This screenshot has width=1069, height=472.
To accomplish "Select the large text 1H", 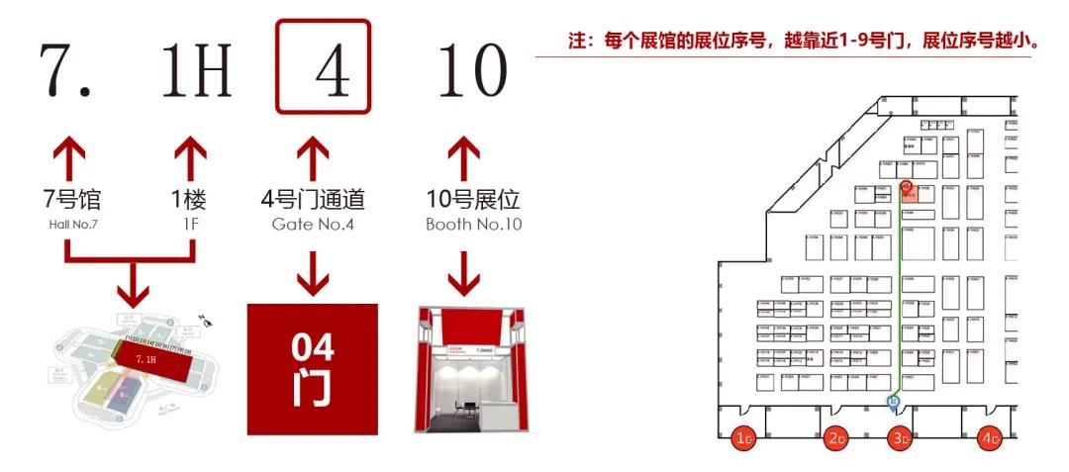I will click(196, 71).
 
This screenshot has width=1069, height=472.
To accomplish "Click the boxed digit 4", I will click(323, 67).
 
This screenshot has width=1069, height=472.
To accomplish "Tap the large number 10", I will click(473, 71).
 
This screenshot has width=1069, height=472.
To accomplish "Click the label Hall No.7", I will click(74, 225).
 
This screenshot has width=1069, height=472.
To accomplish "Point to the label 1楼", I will click(188, 200).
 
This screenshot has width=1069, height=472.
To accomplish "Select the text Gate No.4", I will click(313, 225).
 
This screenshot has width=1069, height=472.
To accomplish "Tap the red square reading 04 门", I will click(312, 369).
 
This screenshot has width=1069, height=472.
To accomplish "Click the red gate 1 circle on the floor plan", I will click(743, 437).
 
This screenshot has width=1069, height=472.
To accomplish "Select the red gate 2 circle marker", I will click(836, 437).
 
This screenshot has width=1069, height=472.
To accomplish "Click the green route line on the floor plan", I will click(900, 297).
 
